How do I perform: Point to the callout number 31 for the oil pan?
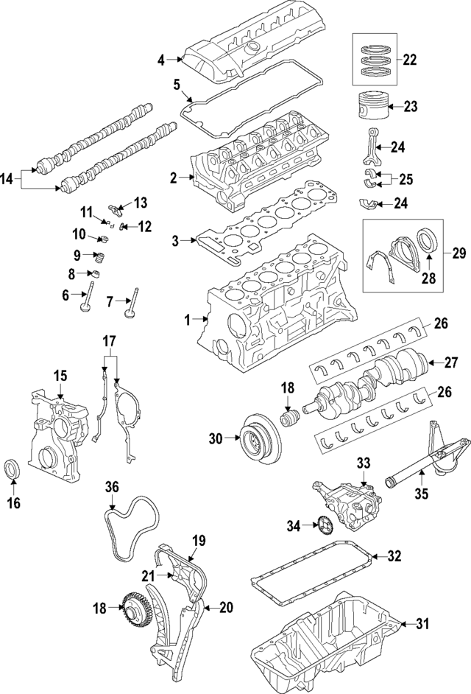(x=420, y=624)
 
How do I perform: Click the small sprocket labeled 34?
(x=322, y=526)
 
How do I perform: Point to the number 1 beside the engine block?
(x=187, y=319)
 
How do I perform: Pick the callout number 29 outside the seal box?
(x=458, y=253)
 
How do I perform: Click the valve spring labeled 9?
(x=99, y=258)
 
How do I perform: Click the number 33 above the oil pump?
(x=362, y=463)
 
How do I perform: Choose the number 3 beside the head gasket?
(x=174, y=239)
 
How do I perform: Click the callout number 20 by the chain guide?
(x=227, y=607)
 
